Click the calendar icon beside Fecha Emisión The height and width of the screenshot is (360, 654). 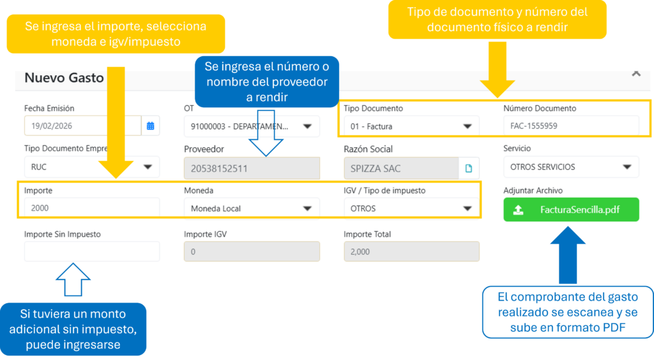150,126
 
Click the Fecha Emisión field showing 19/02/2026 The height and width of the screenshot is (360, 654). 82,126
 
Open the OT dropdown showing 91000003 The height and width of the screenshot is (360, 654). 251,126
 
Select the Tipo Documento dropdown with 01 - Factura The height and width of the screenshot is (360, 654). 411,126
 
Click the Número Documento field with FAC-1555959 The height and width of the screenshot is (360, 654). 570,126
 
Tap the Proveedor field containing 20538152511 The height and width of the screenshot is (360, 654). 251,169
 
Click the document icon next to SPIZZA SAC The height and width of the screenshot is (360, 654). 469,169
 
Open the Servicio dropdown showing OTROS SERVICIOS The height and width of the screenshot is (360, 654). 570,167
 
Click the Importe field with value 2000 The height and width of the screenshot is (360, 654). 91,208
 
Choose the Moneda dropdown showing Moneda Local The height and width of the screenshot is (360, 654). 251,208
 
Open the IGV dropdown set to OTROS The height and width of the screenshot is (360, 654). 411,208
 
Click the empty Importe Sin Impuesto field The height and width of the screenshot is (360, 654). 91,251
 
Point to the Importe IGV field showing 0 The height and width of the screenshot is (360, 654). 251,251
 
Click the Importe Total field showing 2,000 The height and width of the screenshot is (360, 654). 411,251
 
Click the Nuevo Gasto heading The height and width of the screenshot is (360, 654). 64,78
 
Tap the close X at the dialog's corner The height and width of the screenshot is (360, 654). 635,73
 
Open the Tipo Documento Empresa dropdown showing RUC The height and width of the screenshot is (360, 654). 91,167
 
